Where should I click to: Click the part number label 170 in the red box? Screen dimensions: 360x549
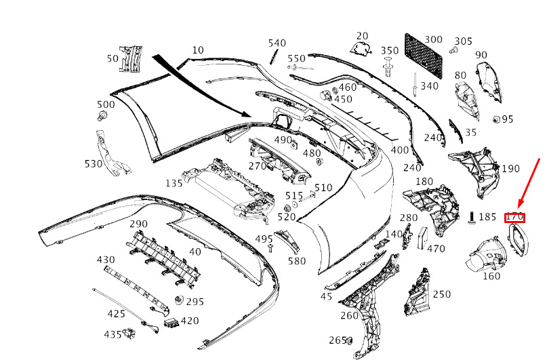click(515, 217)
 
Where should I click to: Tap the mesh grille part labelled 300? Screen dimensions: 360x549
click(423, 55)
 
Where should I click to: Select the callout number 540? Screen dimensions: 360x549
click(277, 43)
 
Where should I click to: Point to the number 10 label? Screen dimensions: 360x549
click(197, 50)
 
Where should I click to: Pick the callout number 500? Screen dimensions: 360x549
click(106, 104)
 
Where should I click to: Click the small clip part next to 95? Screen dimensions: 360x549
click(495, 120)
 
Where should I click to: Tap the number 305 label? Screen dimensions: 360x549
click(464, 41)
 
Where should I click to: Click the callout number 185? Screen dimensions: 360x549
click(487, 217)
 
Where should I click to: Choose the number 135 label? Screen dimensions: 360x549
click(174, 183)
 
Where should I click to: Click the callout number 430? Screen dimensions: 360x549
click(106, 260)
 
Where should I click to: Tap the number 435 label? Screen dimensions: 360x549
click(113, 334)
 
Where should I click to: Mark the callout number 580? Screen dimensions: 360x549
click(297, 261)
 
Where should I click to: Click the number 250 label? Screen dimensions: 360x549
click(441, 294)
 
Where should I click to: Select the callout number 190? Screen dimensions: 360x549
click(510, 169)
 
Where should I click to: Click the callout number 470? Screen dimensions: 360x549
click(436, 249)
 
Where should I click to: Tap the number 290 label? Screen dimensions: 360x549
click(138, 224)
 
